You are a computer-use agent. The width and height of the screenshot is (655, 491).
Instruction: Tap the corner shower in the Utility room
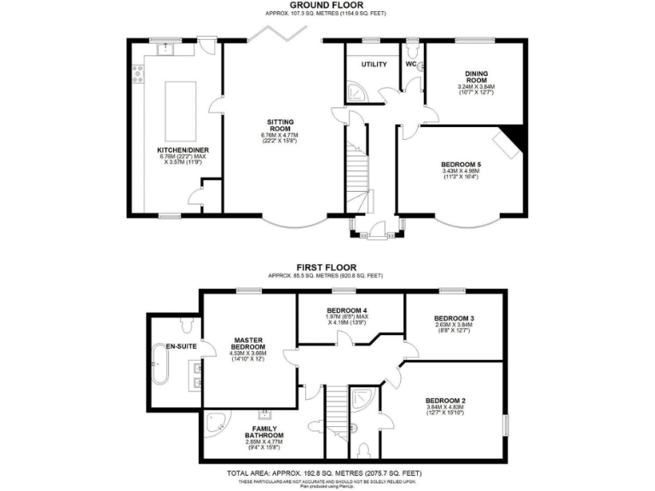tap(357, 90)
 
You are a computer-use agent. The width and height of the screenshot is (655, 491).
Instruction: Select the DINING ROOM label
tap(476, 76)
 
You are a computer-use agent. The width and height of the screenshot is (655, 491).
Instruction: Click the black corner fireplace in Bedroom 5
tap(511, 135)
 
